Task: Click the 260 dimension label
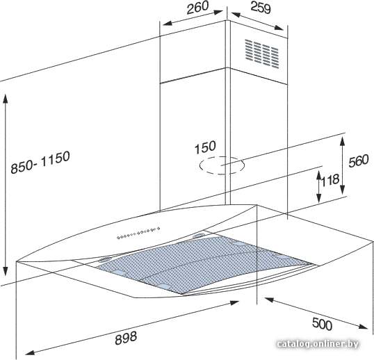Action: coord(197,8)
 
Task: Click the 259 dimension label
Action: coord(261,8)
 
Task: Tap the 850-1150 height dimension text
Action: coord(40,162)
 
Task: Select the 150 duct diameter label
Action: coord(205,147)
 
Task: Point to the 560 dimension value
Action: coord(359,161)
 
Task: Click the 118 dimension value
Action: coord(330,181)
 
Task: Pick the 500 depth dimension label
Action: coord(322,325)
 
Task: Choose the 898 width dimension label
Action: coord(126,338)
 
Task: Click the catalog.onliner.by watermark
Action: coord(318,344)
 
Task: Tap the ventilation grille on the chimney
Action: coord(261,54)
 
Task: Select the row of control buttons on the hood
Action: coord(138,233)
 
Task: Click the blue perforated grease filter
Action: coord(205,263)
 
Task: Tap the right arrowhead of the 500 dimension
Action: coord(362,326)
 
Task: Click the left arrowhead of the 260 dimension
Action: coord(168,23)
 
